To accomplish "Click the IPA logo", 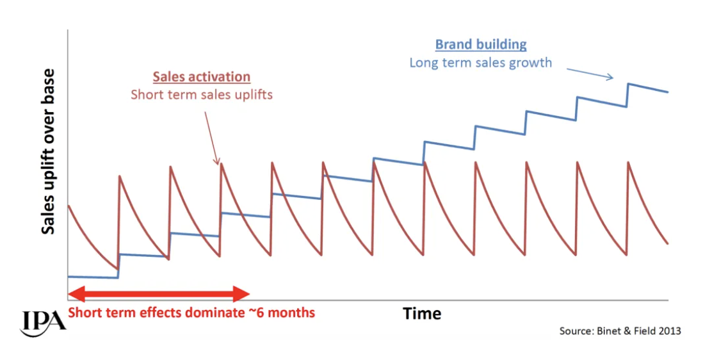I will (x=43, y=321).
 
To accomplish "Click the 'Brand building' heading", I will (x=481, y=45).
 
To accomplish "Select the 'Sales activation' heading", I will (x=201, y=77).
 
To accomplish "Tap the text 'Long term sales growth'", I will (x=480, y=63).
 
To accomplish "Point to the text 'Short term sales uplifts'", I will (x=202, y=95).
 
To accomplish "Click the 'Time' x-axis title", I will (x=422, y=313).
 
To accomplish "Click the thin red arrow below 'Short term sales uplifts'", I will (x=211, y=138).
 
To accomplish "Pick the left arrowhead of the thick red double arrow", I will (x=75, y=294).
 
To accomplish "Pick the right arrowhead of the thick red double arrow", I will (x=242, y=294).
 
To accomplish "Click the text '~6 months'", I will (x=285, y=313).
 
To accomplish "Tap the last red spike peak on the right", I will (x=629, y=162).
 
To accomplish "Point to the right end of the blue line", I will (x=668, y=92).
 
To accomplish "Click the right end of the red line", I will (x=668, y=243).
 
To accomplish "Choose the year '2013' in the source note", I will (x=668, y=331).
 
